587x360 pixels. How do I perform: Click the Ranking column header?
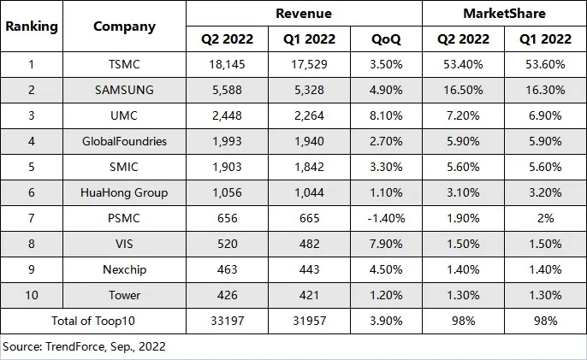(32, 26)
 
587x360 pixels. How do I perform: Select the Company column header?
(124, 26)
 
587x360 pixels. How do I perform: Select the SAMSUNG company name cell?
(124, 90)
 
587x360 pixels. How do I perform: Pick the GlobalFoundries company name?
(124, 141)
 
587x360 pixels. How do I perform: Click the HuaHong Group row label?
(124, 192)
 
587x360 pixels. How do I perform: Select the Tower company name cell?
(124, 295)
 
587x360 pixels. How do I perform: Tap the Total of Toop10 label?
(94, 322)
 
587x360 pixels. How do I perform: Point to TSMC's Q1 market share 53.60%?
(543, 64)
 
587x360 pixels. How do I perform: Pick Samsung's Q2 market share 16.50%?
(463, 90)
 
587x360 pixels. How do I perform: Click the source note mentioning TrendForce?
(84, 346)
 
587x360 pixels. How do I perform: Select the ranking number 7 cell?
(32, 218)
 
